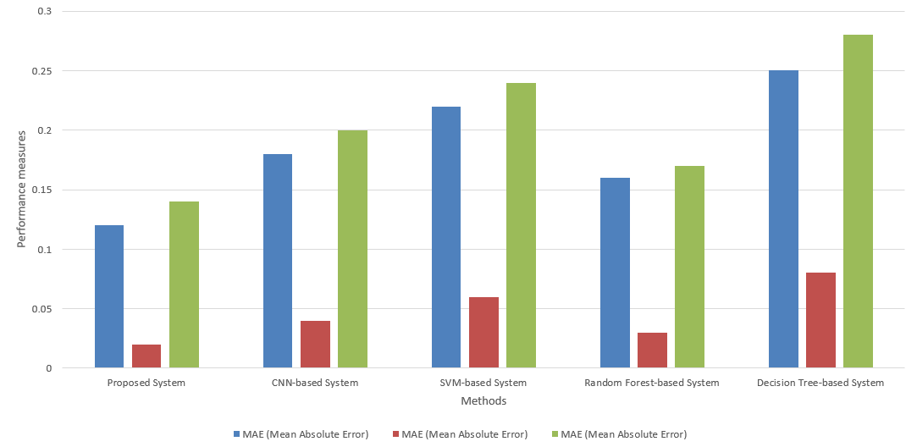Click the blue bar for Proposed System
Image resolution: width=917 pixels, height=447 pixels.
click(109, 296)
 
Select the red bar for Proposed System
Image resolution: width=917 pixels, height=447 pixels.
click(146, 356)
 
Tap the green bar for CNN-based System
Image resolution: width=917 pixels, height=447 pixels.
click(352, 249)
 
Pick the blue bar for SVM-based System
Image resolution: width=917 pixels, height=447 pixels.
click(446, 237)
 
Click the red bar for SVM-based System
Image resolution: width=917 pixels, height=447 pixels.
click(483, 333)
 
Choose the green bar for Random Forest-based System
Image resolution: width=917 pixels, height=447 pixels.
click(690, 267)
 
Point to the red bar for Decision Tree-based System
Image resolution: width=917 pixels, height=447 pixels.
click(820, 320)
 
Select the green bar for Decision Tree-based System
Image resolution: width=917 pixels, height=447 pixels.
click(858, 201)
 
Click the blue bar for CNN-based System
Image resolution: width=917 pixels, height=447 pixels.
click(278, 261)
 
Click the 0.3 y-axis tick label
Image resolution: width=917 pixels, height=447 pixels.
click(44, 12)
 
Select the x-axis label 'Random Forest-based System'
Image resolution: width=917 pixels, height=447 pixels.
click(652, 383)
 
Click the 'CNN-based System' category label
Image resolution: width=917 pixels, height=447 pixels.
click(315, 383)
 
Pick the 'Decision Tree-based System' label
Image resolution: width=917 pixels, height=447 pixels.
click(820, 383)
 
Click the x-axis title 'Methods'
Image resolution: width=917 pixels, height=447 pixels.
click(483, 400)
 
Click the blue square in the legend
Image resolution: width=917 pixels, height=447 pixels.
click(237, 434)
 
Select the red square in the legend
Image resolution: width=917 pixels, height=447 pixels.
click(396, 434)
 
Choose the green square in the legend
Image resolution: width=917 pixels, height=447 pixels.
click(555, 434)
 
